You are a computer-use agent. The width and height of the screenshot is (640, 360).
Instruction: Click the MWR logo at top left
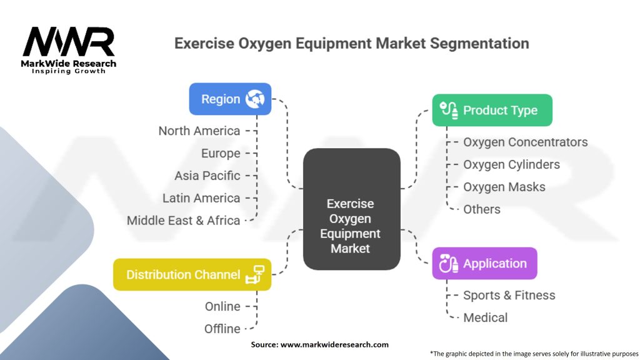click(69, 44)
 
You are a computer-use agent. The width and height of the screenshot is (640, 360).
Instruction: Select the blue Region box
click(230, 99)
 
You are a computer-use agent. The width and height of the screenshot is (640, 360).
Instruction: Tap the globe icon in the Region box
click(255, 99)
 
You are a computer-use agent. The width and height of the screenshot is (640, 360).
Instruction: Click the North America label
click(199, 131)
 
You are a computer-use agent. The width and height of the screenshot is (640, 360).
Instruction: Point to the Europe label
click(221, 153)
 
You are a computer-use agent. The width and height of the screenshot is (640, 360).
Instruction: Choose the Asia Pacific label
click(207, 176)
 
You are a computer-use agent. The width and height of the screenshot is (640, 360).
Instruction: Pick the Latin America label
click(201, 198)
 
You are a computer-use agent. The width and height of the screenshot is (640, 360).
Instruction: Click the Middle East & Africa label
click(183, 221)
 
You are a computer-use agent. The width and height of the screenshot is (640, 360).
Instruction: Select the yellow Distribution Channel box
click(192, 274)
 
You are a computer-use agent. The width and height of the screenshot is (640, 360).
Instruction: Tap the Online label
click(222, 306)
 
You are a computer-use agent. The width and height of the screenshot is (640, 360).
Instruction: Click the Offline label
click(222, 329)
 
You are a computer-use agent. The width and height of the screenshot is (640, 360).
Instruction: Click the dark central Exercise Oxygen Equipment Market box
click(351, 209)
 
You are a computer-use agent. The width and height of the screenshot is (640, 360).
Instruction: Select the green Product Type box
click(492, 110)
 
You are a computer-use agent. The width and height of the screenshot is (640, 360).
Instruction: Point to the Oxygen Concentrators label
click(525, 142)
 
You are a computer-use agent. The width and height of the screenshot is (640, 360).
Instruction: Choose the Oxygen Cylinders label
click(511, 164)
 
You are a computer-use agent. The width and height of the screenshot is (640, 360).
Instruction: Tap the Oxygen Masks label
click(504, 187)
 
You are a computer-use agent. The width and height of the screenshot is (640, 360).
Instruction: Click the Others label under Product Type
click(481, 209)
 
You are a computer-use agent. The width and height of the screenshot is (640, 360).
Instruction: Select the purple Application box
click(484, 263)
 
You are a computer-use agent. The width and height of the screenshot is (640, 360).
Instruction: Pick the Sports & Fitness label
click(509, 295)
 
